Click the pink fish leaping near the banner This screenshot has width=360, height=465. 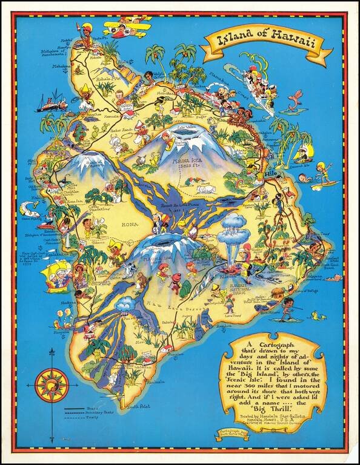tap(295, 100)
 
